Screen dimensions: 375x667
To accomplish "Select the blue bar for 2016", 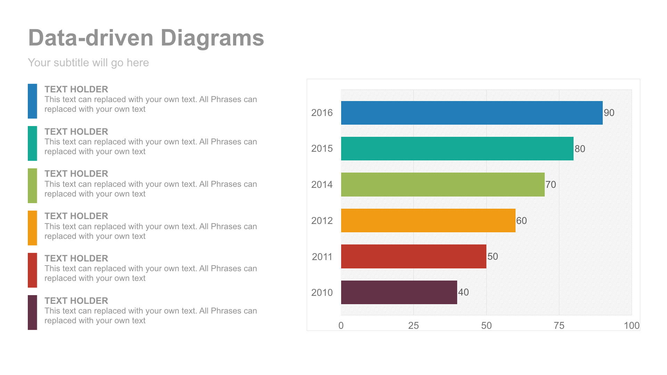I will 471,113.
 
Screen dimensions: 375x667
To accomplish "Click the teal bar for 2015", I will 457,149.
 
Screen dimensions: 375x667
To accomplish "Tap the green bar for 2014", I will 443,184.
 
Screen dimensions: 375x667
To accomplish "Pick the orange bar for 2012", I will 428,220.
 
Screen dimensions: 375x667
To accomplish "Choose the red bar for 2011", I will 413,256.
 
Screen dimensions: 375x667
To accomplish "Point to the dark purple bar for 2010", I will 399,292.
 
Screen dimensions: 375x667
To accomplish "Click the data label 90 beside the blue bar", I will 609,113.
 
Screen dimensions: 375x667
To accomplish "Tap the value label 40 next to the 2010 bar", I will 463,292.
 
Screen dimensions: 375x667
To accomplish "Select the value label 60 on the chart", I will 521,220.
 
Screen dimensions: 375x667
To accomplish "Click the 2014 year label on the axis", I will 322,184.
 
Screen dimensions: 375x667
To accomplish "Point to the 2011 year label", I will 322,257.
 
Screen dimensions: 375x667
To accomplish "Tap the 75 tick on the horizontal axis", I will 559,325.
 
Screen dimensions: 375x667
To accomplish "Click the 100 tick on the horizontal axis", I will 631,325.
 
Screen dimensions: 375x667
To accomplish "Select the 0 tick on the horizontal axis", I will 341,325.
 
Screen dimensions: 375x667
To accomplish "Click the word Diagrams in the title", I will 212,38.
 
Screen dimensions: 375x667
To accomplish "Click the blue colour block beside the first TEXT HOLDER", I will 32,101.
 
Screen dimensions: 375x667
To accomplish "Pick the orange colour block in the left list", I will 32,228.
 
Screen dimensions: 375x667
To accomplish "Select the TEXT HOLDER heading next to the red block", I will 76,258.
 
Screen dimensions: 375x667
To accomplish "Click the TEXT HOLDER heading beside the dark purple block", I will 76,301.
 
